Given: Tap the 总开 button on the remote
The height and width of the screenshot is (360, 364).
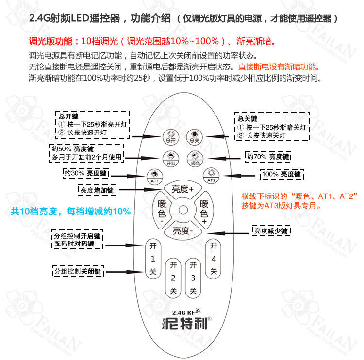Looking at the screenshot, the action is pos(169,136).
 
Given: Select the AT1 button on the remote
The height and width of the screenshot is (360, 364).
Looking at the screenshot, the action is pos(153,175).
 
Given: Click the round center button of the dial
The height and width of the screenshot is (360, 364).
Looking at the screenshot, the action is pos(182,210).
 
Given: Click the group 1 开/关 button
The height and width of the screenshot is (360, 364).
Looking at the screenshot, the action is pos(153,259).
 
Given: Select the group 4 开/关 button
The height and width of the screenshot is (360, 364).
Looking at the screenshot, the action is pos(213,259).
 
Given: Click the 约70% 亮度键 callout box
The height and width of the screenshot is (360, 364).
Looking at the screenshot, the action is pos(267,157).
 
